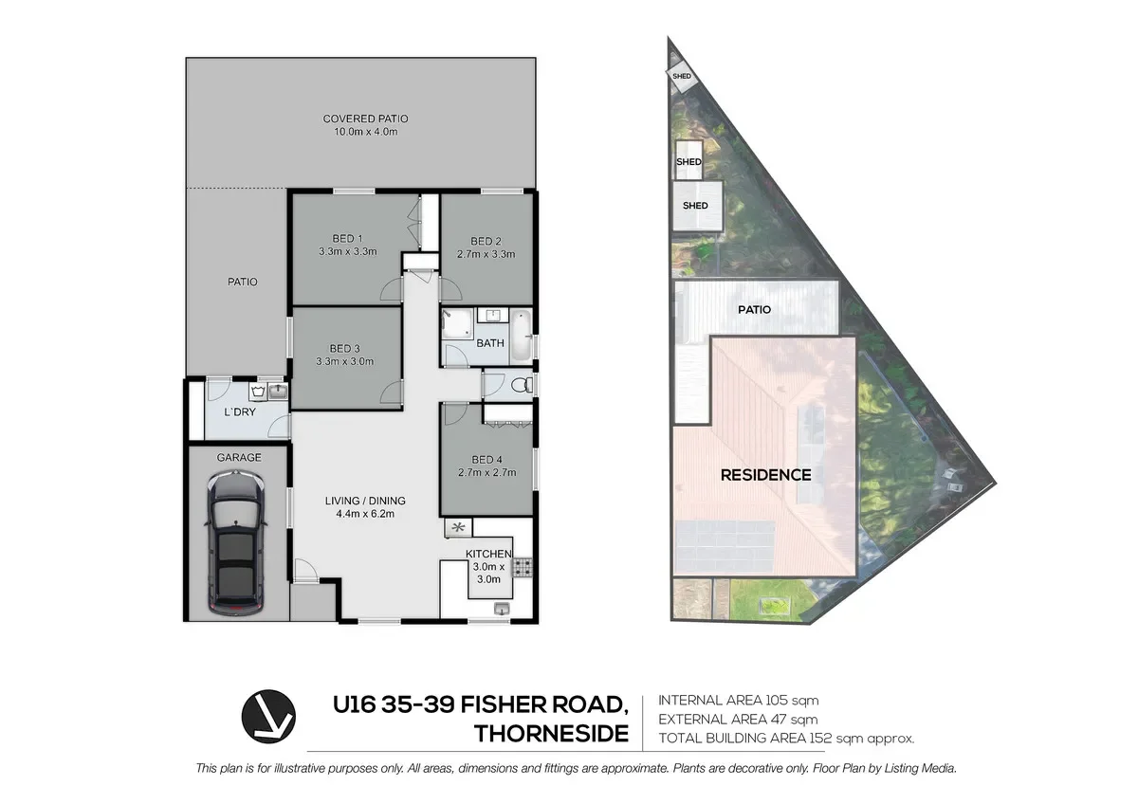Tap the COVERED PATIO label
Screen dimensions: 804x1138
pos(365,119)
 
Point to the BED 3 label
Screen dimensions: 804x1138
pos(347,347)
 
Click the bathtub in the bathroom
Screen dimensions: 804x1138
pos(522,337)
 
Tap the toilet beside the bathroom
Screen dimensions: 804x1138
pos(517,385)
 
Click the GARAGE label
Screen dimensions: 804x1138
pos(239,457)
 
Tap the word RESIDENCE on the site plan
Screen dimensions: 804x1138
pos(765,475)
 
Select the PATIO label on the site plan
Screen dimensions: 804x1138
pos(756,309)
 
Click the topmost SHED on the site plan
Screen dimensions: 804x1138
pos(681,77)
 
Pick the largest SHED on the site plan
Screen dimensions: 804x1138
pos(695,206)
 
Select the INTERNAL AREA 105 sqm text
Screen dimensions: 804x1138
pos(737,702)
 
